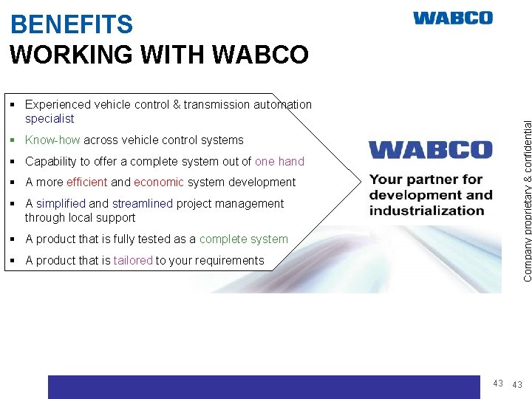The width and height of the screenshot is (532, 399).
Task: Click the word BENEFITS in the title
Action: (72, 25)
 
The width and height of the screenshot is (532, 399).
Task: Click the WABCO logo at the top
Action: (452, 18)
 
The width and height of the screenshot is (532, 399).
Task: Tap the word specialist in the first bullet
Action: (50, 118)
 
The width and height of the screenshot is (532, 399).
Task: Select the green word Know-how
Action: (52, 140)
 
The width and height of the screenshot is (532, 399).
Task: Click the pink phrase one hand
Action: (279, 161)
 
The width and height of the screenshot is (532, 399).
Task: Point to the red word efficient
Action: (86, 182)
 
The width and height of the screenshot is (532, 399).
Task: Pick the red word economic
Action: (158, 182)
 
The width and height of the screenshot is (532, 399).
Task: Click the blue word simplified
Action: (61, 203)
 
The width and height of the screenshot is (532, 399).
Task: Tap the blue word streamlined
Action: (143, 203)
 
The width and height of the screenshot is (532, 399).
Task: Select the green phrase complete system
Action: (243, 239)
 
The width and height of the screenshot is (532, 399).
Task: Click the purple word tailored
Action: (132, 260)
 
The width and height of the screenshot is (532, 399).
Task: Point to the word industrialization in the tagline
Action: (426, 210)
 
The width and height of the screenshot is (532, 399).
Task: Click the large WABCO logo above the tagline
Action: (430, 150)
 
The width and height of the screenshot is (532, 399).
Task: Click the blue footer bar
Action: (264, 386)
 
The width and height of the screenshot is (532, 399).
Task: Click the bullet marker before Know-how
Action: (15, 140)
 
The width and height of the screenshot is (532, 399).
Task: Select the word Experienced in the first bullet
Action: (57, 104)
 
